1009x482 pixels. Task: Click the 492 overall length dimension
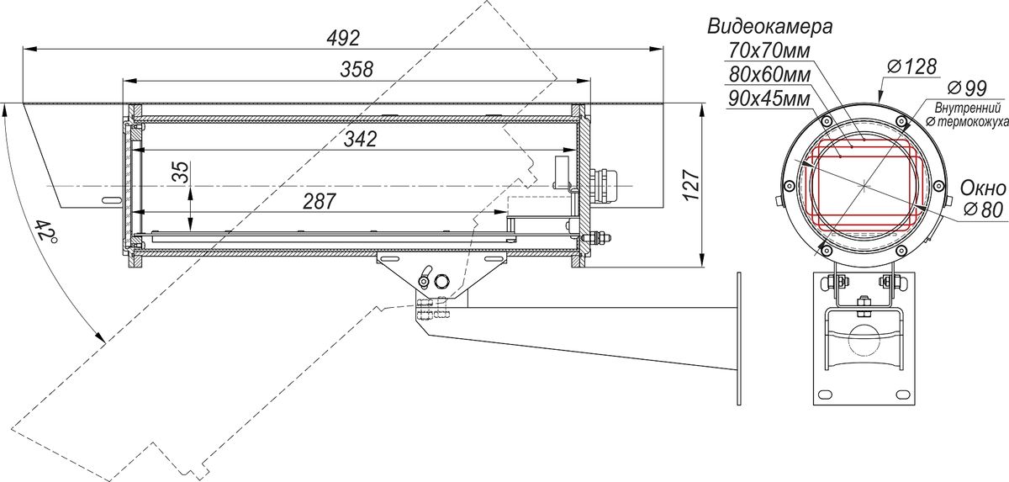(343, 39)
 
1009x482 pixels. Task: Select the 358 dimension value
(357, 69)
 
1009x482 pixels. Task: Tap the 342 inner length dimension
(361, 139)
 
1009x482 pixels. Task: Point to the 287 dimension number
(320, 201)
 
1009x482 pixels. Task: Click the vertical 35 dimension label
(182, 172)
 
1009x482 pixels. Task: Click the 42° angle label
(45, 230)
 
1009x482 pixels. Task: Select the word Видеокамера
(770, 27)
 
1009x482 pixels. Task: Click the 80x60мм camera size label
(769, 75)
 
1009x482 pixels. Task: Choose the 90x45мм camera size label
(769, 98)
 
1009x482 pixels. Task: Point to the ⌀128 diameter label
(912, 67)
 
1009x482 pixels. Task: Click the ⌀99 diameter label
(967, 87)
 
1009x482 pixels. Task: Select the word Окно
(983, 188)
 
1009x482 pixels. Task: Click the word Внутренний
(968, 109)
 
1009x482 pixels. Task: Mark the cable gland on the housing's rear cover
(604, 186)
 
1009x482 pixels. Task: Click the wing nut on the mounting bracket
(425, 276)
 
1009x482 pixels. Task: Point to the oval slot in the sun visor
(111, 200)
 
